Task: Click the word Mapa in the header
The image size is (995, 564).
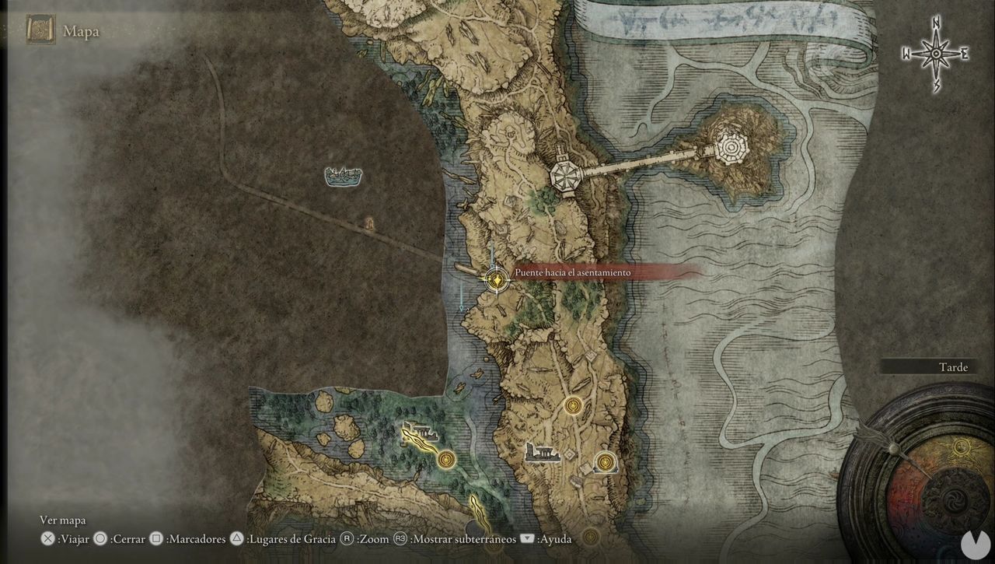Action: [81, 32]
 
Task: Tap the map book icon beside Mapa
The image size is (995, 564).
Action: [40, 30]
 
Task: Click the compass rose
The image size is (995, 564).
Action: [936, 54]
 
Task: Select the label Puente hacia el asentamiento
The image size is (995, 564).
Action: [572, 273]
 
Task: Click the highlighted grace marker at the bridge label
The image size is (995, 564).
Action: [496, 278]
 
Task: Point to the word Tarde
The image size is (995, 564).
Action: [952, 367]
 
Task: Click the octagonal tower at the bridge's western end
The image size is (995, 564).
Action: [564, 177]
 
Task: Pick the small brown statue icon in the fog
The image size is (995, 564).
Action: [369, 225]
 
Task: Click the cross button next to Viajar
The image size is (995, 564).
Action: [48, 538]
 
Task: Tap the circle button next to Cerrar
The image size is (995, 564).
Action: [100, 538]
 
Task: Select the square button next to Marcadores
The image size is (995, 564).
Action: [156, 538]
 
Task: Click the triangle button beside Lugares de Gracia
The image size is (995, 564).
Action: [237, 538]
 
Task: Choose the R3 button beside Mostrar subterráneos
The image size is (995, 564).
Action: [400, 538]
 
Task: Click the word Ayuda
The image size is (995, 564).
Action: [555, 538]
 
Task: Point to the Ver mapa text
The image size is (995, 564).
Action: [63, 520]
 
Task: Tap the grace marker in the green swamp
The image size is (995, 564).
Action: [445, 459]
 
